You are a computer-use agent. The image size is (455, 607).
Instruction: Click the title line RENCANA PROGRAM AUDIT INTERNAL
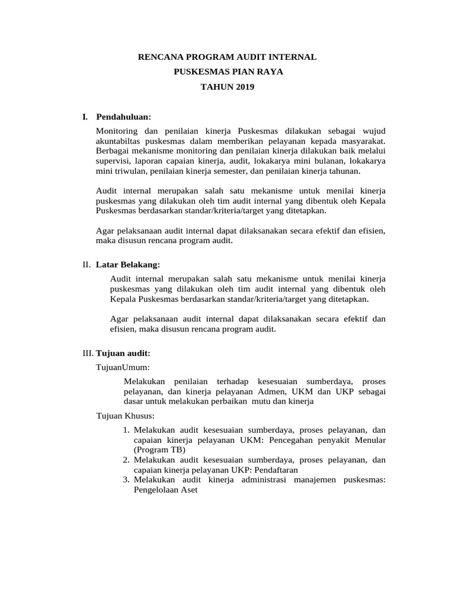(x=227, y=57)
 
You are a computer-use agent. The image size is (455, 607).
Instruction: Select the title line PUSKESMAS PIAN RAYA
(x=227, y=72)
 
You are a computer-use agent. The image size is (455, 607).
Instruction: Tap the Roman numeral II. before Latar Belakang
(x=86, y=264)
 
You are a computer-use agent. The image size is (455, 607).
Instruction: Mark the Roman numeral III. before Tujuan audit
(x=88, y=353)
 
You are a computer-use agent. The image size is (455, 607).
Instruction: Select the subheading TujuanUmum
(x=123, y=368)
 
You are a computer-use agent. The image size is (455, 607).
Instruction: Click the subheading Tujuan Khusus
(x=125, y=416)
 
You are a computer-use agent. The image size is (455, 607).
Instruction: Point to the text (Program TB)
(x=156, y=450)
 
